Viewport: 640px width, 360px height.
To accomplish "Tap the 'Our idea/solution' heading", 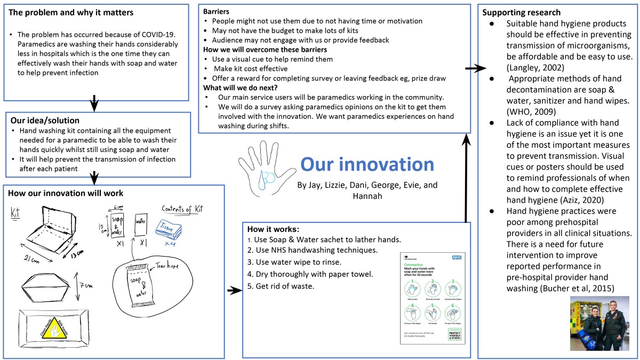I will tap(45, 121).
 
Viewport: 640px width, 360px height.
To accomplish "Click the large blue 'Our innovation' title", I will tap(367, 164).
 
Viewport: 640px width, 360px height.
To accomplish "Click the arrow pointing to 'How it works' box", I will tap(234, 291).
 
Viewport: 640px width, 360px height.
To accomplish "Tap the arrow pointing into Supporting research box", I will tap(475, 68).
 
